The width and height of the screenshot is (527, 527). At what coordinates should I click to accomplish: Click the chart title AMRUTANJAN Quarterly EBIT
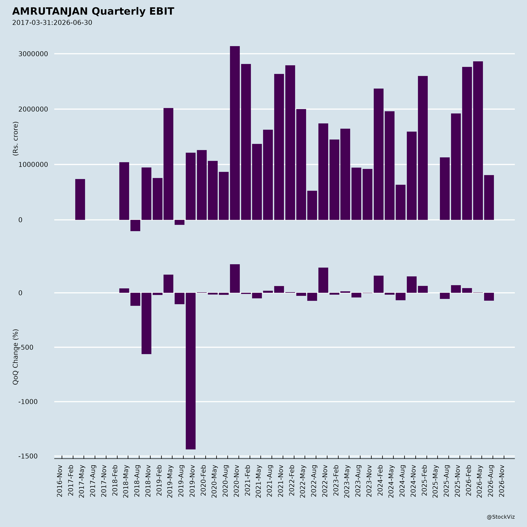click(93, 11)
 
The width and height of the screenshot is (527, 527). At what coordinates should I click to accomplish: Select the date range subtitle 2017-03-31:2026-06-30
click(52, 23)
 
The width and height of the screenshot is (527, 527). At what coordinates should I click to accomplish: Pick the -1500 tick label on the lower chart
click(28, 456)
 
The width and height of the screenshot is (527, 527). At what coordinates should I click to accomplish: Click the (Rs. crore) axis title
click(16, 139)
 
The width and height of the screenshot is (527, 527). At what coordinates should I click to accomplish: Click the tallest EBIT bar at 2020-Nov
click(235, 133)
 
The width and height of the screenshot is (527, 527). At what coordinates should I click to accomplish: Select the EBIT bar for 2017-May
click(80, 199)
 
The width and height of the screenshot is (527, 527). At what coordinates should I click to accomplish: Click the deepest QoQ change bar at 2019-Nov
click(191, 371)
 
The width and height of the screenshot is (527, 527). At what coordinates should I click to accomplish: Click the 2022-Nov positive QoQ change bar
click(323, 280)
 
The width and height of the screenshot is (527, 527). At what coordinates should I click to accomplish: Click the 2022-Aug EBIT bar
click(312, 205)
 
